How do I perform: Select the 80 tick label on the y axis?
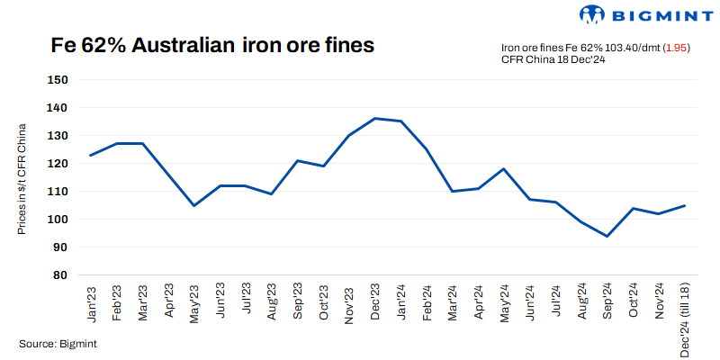[x=60, y=275]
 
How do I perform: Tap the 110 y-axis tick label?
[x=58, y=192]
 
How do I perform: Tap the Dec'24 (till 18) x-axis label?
[x=686, y=318]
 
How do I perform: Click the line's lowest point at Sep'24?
[x=607, y=236]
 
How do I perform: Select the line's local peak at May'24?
[x=504, y=169]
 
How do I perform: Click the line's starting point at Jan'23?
[x=91, y=155]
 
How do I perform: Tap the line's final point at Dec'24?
[x=685, y=205]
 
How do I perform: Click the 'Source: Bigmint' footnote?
[x=58, y=343]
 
